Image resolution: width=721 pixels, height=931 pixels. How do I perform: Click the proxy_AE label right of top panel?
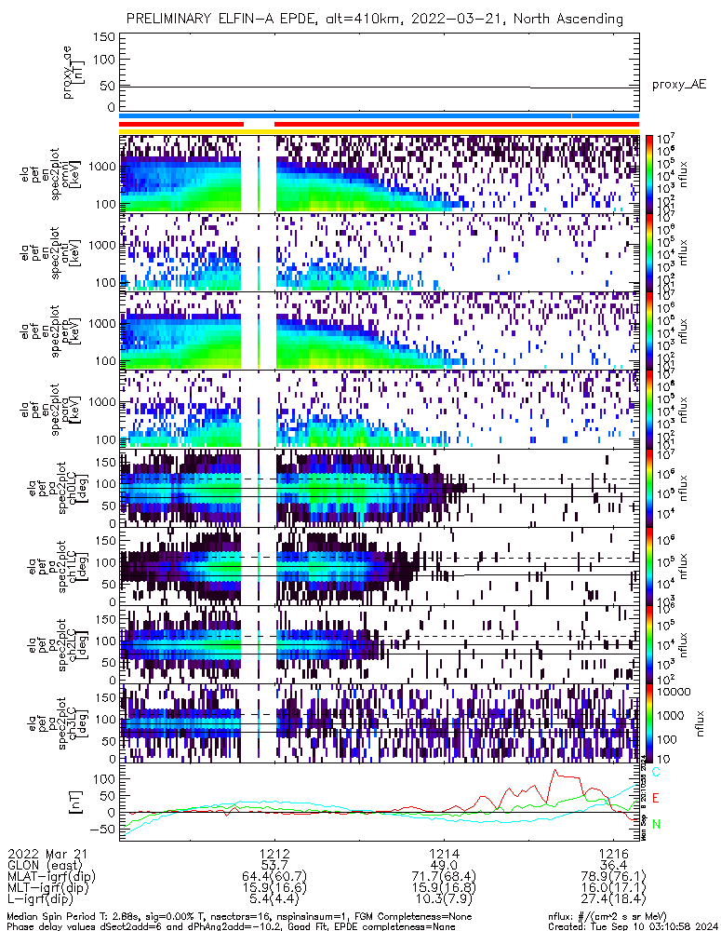678,85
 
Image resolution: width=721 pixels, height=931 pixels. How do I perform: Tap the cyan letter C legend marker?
656,772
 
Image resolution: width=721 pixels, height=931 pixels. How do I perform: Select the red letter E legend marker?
656,798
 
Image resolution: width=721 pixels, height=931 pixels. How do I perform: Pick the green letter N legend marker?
656,824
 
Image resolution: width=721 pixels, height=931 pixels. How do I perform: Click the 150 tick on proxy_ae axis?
104,37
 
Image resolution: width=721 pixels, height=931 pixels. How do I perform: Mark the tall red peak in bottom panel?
554,771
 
